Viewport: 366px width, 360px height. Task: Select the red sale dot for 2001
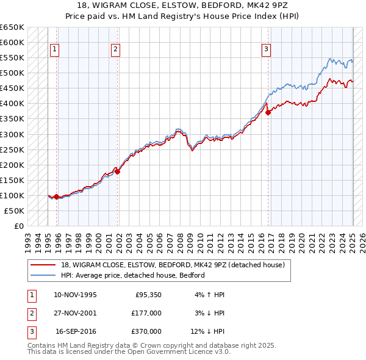click(118, 171)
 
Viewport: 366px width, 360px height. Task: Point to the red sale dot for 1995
click(56, 196)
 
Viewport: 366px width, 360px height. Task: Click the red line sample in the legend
click(43, 264)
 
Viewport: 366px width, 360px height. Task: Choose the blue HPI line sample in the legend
click(43, 275)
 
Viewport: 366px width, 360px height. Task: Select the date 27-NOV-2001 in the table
click(76, 313)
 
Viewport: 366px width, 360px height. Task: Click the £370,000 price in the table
click(146, 331)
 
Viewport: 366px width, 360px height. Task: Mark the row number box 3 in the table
click(31, 331)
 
